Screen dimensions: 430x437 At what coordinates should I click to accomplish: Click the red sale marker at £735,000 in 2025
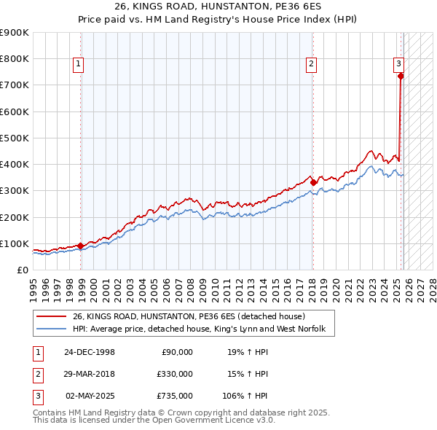[401, 75]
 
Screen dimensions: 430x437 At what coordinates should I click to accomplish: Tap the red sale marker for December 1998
[81, 246]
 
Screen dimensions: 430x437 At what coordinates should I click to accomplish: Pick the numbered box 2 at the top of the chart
[311, 64]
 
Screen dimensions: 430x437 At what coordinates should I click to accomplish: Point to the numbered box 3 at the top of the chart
[399, 64]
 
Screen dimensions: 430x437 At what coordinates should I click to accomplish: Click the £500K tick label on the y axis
[14, 138]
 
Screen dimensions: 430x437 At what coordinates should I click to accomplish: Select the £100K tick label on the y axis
[14, 243]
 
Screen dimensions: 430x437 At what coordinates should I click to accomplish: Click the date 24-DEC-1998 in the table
[89, 352]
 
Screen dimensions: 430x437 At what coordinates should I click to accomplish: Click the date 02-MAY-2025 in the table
[90, 396]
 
